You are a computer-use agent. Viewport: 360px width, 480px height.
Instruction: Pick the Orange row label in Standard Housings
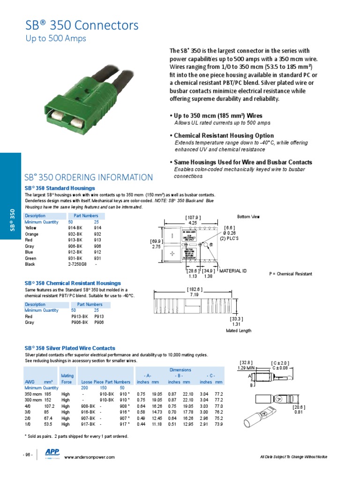[x=32, y=233]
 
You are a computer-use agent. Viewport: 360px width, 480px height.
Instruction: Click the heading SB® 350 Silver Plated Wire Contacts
[x=70, y=348]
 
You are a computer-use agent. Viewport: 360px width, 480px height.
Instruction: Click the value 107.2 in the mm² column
[x=50, y=406]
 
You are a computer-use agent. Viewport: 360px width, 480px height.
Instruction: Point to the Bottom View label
[x=248, y=217]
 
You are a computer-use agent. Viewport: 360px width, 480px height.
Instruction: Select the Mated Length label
[x=239, y=330]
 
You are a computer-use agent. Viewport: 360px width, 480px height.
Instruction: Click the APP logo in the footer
[x=51, y=452]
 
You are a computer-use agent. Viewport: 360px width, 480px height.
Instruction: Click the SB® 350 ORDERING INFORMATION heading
[x=89, y=177]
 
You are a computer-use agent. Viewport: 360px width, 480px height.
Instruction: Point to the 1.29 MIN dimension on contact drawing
[x=246, y=368]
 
